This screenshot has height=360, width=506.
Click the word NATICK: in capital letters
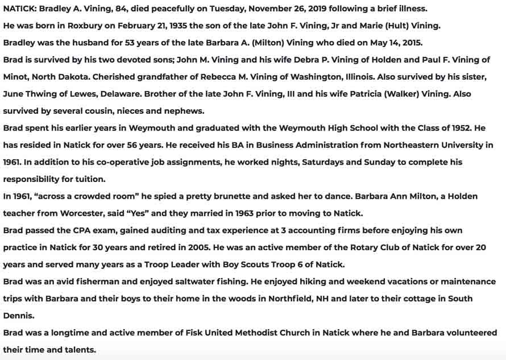pyautogui.click(x=19, y=9)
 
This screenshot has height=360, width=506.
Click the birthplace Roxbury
pyautogui.click(x=85, y=26)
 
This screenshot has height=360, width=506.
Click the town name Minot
pyautogui.click(x=15, y=77)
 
